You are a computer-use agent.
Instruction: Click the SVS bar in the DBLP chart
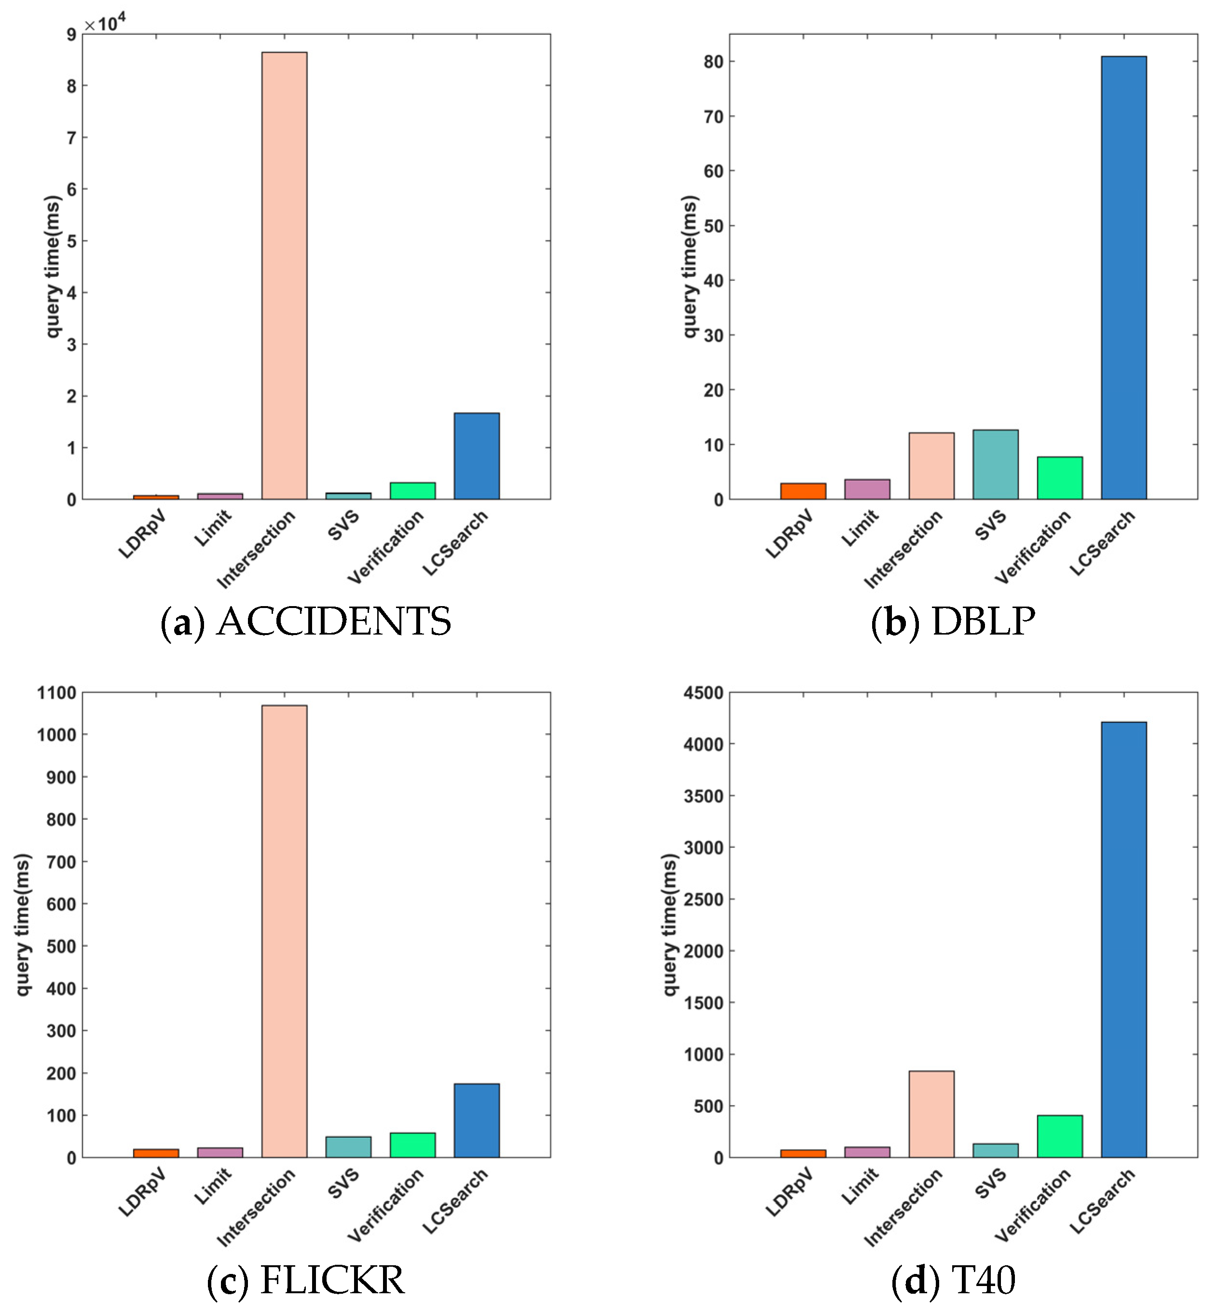coord(995,465)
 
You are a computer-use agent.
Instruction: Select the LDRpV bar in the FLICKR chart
coord(155,1153)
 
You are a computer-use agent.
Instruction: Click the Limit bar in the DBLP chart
coord(867,489)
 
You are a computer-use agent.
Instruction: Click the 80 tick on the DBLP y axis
coord(713,61)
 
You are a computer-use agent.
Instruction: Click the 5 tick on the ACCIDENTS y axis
coord(71,241)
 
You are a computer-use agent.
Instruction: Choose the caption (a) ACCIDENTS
coord(306,621)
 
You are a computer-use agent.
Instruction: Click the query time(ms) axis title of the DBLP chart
coord(689,266)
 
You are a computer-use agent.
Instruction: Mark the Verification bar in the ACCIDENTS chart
coord(412,491)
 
